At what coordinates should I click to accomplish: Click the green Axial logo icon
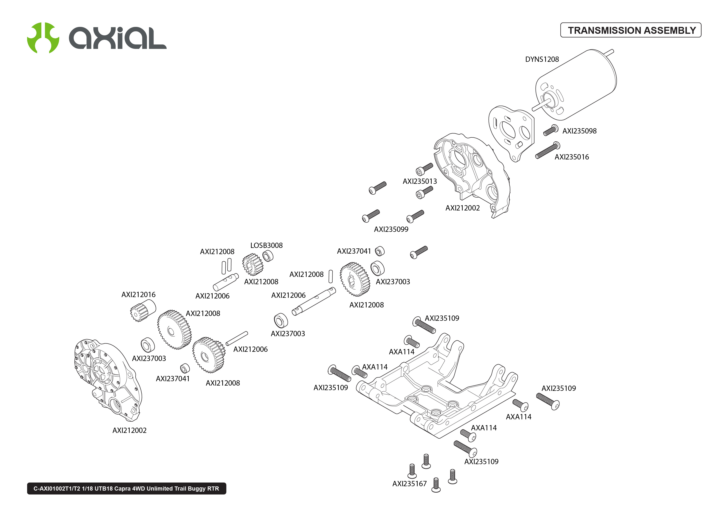[43, 37]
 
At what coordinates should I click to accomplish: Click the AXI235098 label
[579, 131]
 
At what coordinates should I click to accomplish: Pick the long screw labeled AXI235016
[547, 151]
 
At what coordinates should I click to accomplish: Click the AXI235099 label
[391, 229]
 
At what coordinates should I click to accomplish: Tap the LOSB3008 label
[266, 245]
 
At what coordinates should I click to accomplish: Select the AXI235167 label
[409, 484]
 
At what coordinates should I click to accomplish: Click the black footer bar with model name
[126, 488]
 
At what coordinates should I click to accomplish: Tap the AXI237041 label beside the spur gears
[173, 378]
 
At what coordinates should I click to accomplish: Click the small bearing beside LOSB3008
[268, 256]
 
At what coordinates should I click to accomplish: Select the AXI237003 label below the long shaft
[288, 334]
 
